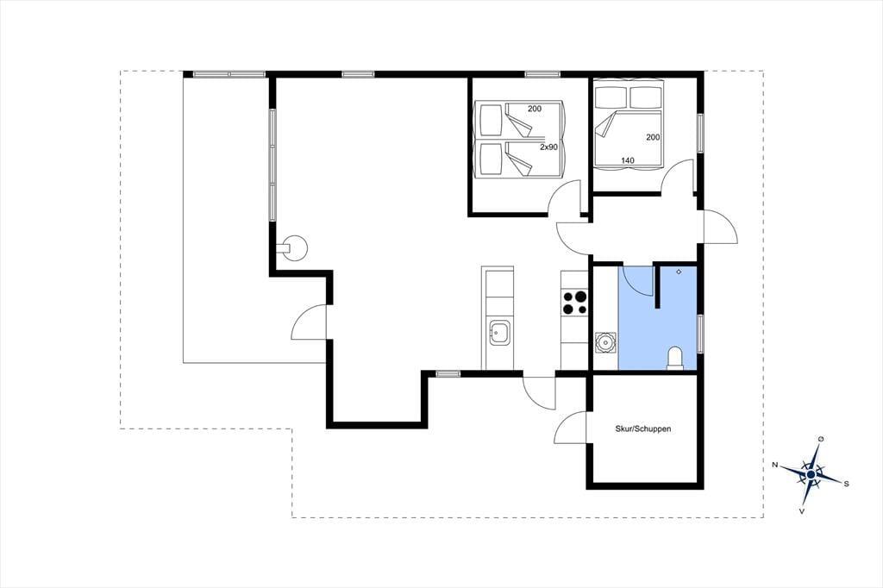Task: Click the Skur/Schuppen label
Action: coord(643,428)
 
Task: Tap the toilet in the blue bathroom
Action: coord(674,359)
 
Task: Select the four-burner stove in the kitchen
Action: coord(574,302)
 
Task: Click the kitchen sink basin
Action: coord(499,333)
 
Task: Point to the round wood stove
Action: coord(294,247)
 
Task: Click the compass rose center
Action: coord(811,475)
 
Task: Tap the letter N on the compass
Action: coord(775,465)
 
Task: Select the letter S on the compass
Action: coord(846,484)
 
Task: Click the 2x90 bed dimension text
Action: coord(548,147)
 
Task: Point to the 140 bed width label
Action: coord(628,160)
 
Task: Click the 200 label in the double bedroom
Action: coord(654,137)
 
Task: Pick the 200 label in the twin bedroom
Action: coord(535,108)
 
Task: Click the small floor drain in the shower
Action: coord(679,272)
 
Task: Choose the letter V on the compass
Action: coord(801,511)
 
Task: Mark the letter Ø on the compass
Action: coord(821,439)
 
